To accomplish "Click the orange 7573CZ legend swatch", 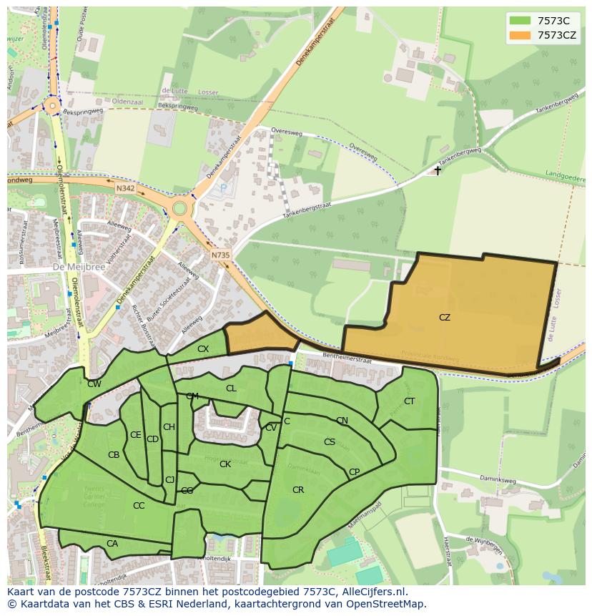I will tap(521, 35).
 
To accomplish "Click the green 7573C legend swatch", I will tap(521, 21).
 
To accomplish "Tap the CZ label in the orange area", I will tap(445, 317).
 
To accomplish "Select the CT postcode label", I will tap(409, 401).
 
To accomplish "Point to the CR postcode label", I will tap(298, 490).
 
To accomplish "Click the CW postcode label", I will tap(94, 384).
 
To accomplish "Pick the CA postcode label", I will tap(112, 544).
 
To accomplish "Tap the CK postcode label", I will tap(225, 464).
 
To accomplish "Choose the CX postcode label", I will tap(203, 349).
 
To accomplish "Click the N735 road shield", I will tap(220, 254).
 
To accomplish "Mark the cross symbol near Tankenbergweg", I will tap(438, 170).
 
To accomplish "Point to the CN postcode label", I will tap(342, 421).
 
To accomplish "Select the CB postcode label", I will tap(114, 455).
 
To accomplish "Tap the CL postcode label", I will tap(231, 388).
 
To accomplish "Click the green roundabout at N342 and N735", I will tap(179, 208).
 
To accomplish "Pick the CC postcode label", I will tap(139, 505).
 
